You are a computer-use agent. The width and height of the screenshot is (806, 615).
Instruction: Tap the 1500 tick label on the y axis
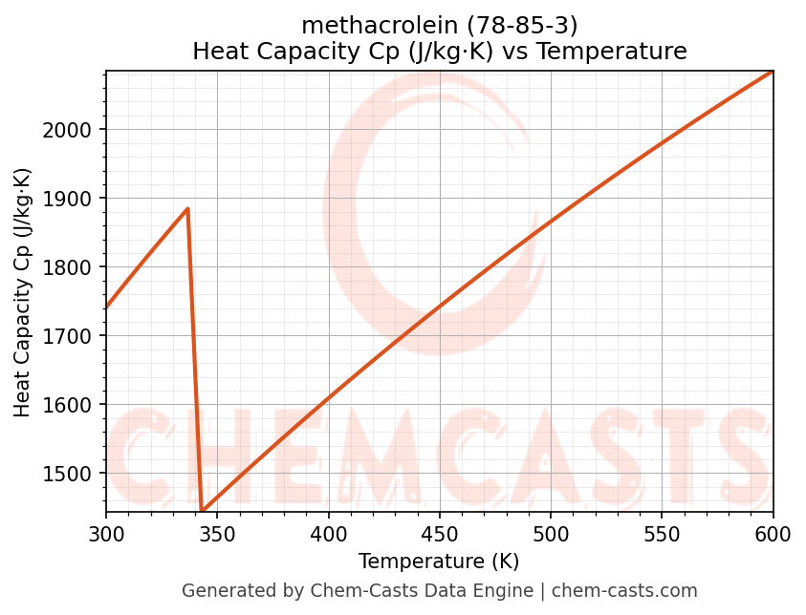pos(74,474)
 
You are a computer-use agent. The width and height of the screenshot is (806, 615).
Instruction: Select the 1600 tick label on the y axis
pos(74,405)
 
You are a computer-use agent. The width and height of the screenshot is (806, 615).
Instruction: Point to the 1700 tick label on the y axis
pos(74,336)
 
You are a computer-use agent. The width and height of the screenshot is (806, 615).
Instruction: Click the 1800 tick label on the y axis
pos(74,267)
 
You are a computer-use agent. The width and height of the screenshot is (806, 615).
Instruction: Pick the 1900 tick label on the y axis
pos(74,199)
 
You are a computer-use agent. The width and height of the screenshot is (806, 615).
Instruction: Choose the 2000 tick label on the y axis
pos(74,130)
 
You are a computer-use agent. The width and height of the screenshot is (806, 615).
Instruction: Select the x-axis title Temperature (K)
pos(439,562)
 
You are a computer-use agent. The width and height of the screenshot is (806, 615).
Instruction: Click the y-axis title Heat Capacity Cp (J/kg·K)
pos(23,292)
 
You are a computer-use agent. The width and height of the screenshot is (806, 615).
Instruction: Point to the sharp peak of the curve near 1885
pos(187,208)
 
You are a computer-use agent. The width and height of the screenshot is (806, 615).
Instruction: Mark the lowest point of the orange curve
pos(202,510)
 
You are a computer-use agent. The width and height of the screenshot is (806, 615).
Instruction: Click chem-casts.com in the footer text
pos(624,591)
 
